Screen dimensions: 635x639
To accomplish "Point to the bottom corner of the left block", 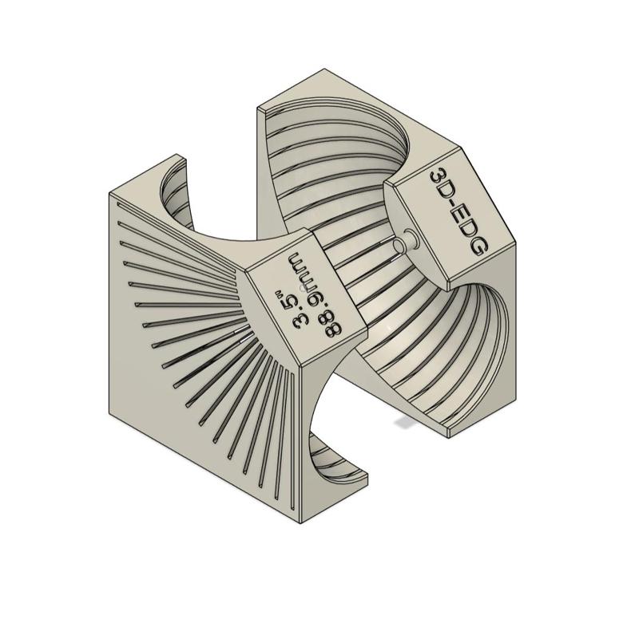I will coord(300,523).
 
